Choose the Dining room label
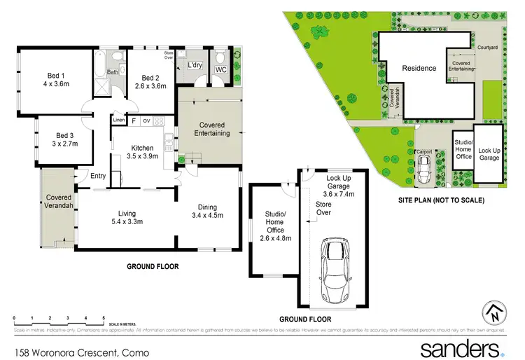206,207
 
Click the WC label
220,70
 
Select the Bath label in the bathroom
113,71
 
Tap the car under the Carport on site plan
424,168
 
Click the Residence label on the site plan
419,68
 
